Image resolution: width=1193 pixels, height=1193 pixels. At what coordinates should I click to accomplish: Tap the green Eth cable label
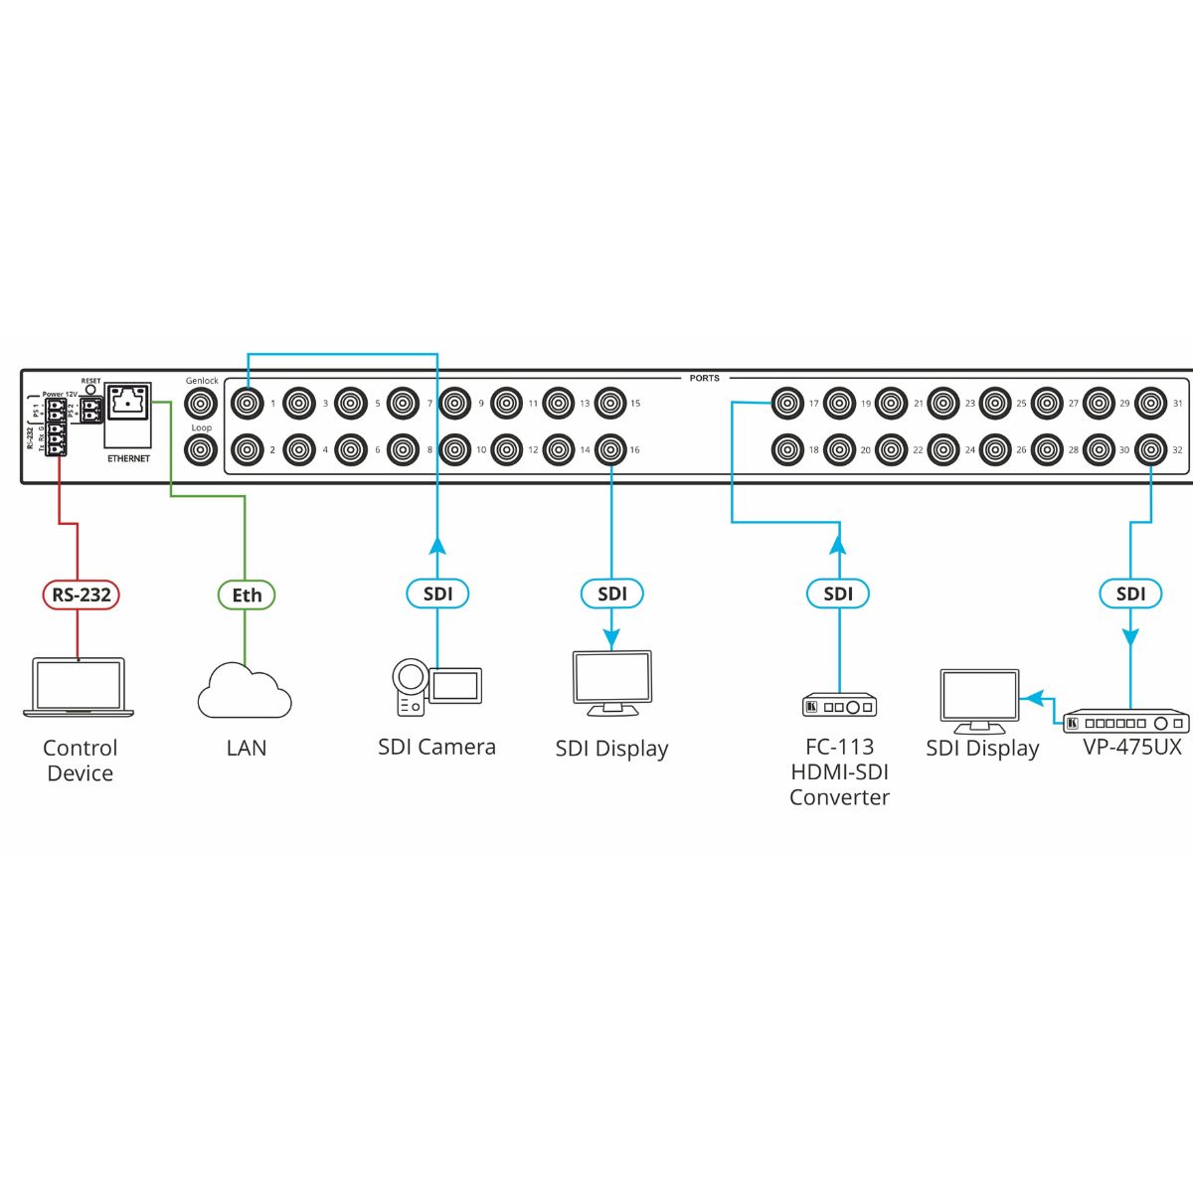pyautogui.click(x=247, y=595)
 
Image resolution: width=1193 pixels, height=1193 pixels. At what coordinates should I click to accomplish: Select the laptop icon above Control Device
pyautogui.click(x=79, y=686)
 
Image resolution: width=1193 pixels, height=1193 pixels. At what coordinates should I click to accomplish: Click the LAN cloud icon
pyautogui.click(x=245, y=692)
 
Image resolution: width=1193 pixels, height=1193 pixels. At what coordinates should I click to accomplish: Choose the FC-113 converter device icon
pyautogui.click(x=839, y=706)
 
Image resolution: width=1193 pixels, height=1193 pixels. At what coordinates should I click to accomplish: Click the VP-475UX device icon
pyautogui.click(x=1126, y=722)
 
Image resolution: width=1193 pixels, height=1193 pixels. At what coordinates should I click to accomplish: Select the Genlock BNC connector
pyautogui.click(x=202, y=404)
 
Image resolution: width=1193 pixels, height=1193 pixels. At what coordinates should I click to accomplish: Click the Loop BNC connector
pyautogui.click(x=202, y=450)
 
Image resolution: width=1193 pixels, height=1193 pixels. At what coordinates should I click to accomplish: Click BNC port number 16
pyautogui.click(x=610, y=450)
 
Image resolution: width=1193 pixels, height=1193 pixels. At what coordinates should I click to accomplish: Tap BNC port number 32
pyautogui.click(x=1151, y=450)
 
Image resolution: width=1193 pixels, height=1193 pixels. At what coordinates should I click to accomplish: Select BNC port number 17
pyautogui.click(x=787, y=404)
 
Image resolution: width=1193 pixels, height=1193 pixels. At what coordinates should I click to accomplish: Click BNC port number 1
pyautogui.click(x=247, y=404)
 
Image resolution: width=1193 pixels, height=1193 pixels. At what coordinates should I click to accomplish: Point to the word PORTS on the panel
pyautogui.click(x=704, y=378)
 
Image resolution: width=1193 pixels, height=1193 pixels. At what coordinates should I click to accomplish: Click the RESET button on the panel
pyautogui.click(x=90, y=390)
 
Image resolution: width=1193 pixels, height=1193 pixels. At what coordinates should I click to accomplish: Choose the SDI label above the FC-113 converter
pyautogui.click(x=838, y=594)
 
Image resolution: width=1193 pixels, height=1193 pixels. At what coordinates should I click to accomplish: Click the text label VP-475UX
pyautogui.click(x=1131, y=747)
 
